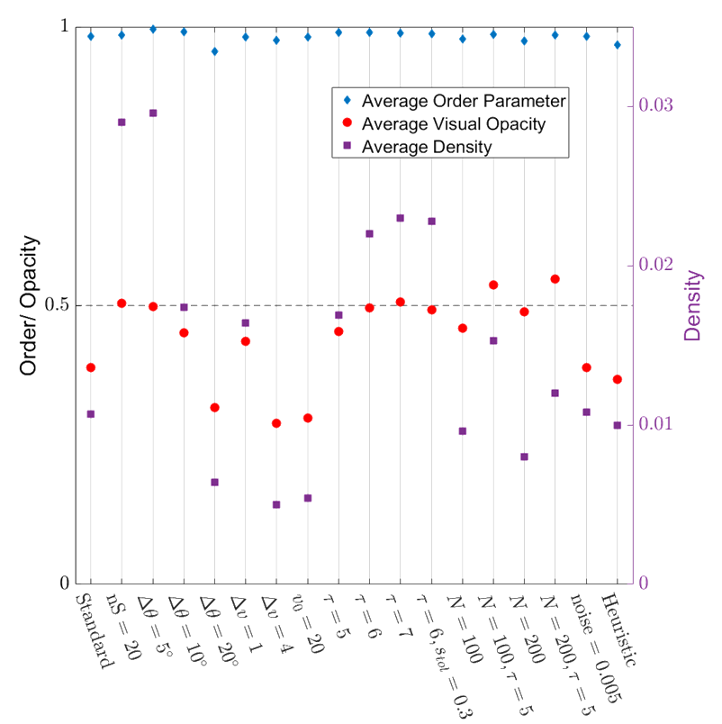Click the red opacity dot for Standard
pos(91,367)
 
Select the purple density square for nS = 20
pos(122,122)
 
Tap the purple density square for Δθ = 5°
pos(153,113)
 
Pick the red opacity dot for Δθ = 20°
pos(215,408)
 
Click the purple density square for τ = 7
pos(401,218)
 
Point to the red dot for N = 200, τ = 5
pos(555,279)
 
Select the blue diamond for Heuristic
pos(618,45)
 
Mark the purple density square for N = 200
pos(525,457)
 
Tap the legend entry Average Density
pos(427,147)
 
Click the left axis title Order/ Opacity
pos(30,305)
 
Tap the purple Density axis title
pos(692,305)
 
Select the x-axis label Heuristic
pos(621,630)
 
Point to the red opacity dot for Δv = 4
pos(276,423)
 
